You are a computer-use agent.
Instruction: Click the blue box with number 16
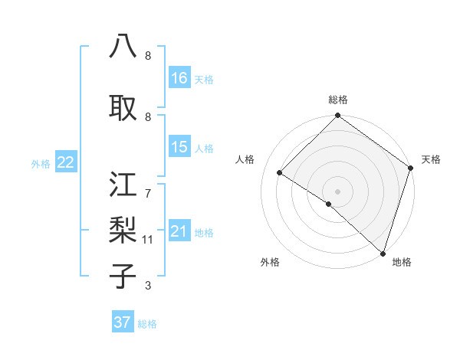point(179,78)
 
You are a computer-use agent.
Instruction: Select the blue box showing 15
point(179,148)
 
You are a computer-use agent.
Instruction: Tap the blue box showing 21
point(179,231)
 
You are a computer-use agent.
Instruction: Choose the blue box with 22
point(66,162)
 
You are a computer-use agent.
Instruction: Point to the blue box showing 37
point(123,322)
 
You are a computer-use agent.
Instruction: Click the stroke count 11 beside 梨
point(148,240)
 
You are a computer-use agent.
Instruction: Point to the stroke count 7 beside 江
point(147,185)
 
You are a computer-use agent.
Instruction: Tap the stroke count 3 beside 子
point(147,286)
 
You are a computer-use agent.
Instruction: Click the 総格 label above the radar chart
point(338,100)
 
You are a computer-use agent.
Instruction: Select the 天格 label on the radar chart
point(431,159)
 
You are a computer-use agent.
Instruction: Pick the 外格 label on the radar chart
point(269,262)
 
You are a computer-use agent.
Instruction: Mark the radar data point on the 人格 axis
point(280,173)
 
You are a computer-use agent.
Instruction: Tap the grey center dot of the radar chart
point(337,191)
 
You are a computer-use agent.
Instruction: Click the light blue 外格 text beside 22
point(41,163)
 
